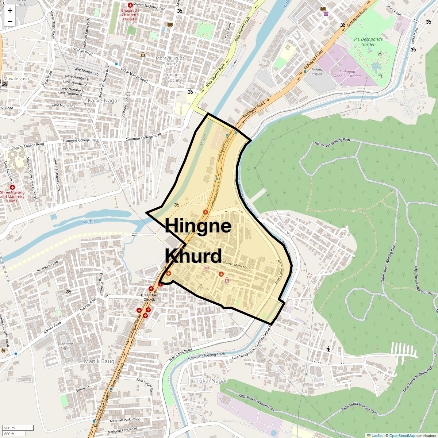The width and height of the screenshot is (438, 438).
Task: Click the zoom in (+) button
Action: (x=10, y=10)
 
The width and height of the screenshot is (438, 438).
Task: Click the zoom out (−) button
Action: (x=10, y=21)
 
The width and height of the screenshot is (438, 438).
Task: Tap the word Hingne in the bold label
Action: (x=198, y=226)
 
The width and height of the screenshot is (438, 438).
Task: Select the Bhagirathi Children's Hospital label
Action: (x=130, y=15)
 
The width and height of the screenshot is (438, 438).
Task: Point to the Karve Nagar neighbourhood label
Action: (x=104, y=101)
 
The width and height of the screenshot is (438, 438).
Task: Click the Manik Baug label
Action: (x=99, y=361)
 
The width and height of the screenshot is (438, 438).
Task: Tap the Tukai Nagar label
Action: (x=212, y=381)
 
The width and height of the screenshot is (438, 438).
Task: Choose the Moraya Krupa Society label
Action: (x=170, y=61)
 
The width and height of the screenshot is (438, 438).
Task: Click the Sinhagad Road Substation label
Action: (x=347, y=74)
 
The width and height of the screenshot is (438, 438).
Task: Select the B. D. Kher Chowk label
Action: (x=148, y=297)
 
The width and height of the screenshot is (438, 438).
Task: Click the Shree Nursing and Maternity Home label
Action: (x=12, y=197)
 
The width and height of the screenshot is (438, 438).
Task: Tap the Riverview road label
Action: (x=47, y=267)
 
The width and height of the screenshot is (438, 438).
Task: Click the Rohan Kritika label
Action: (x=317, y=72)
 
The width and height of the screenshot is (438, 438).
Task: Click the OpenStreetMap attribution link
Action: (x=402, y=435)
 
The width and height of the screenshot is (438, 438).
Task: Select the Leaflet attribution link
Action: (x=377, y=435)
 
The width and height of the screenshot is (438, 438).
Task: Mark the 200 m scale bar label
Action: (x=9, y=428)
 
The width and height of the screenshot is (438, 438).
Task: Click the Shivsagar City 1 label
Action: (x=65, y=346)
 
